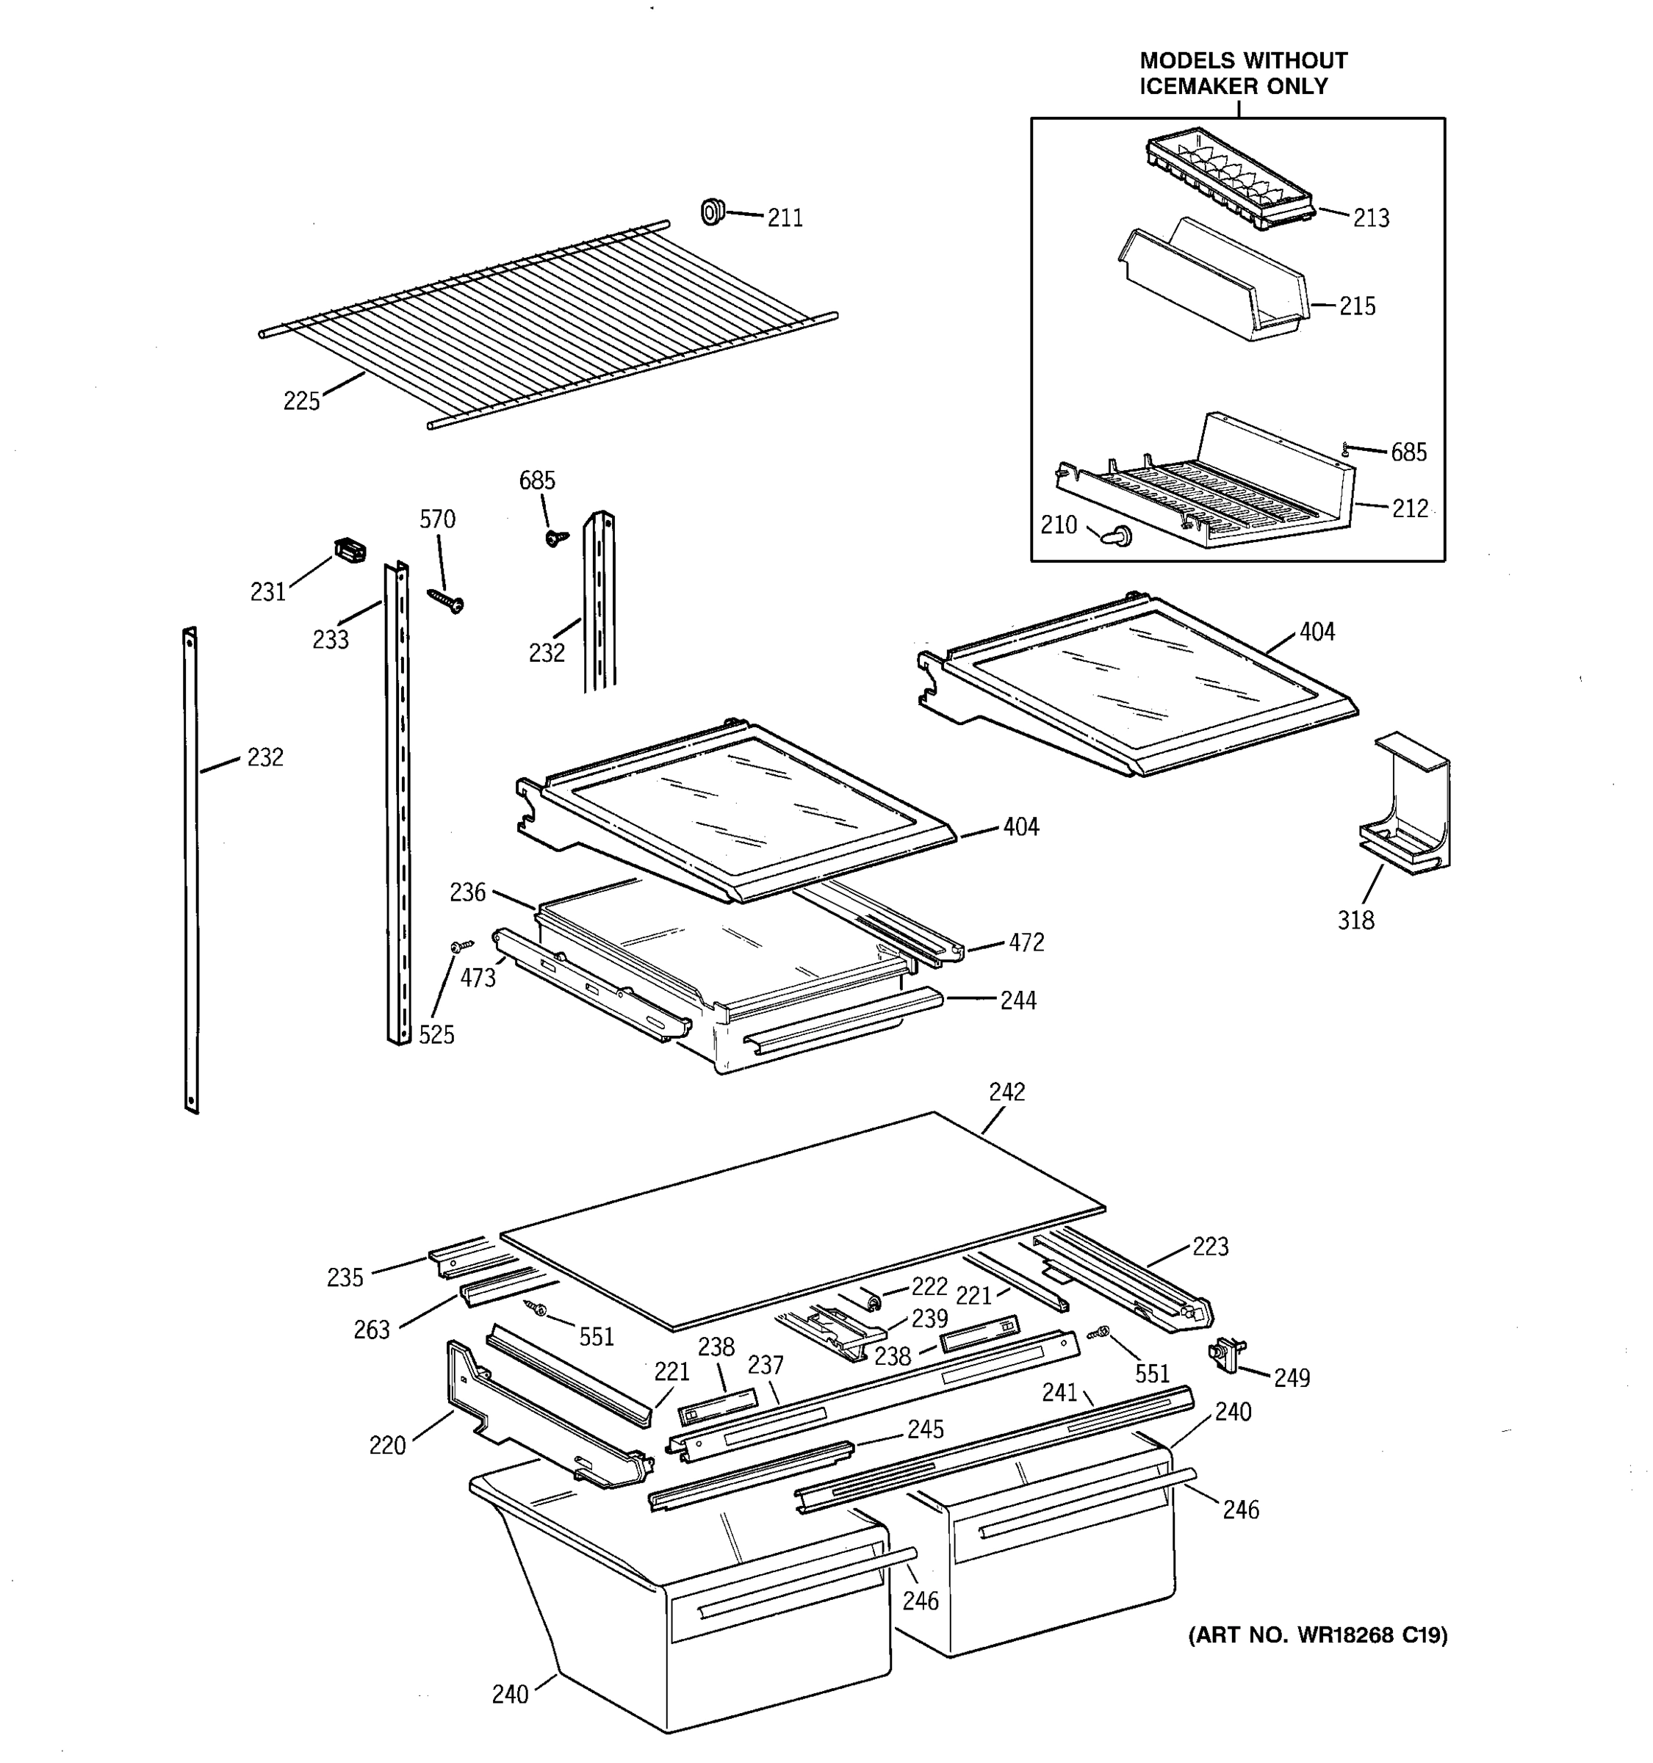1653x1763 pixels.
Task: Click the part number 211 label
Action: pyautogui.click(x=785, y=218)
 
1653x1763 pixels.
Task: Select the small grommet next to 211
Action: pyautogui.click(x=712, y=212)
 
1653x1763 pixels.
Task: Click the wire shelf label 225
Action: pyautogui.click(x=301, y=402)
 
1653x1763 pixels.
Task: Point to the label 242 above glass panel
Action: pyautogui.click(x=1006, y=1092)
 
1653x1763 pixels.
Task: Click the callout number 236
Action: pyautogui.click(x=467, y=892)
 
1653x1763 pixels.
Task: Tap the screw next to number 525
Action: pyautogui.click(x=460, y=946)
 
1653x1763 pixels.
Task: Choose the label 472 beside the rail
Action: pyautogui.click(x=1026, y=942)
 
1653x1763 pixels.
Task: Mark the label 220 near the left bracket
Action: pyautogui.click(x=387, y=1446)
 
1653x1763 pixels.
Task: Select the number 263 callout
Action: pyautogui.click(x=372, y=1330)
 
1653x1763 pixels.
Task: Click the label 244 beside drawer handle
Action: pyautogui.click(x=1018, y=1001)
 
